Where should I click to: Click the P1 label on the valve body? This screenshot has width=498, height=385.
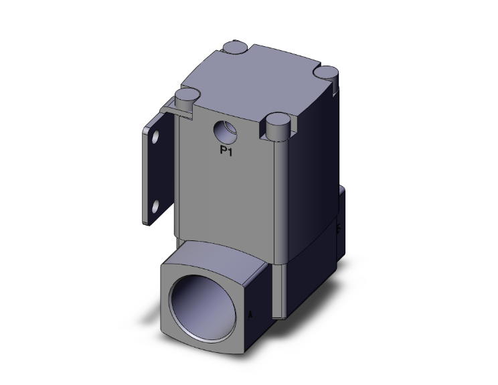point(226,151)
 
